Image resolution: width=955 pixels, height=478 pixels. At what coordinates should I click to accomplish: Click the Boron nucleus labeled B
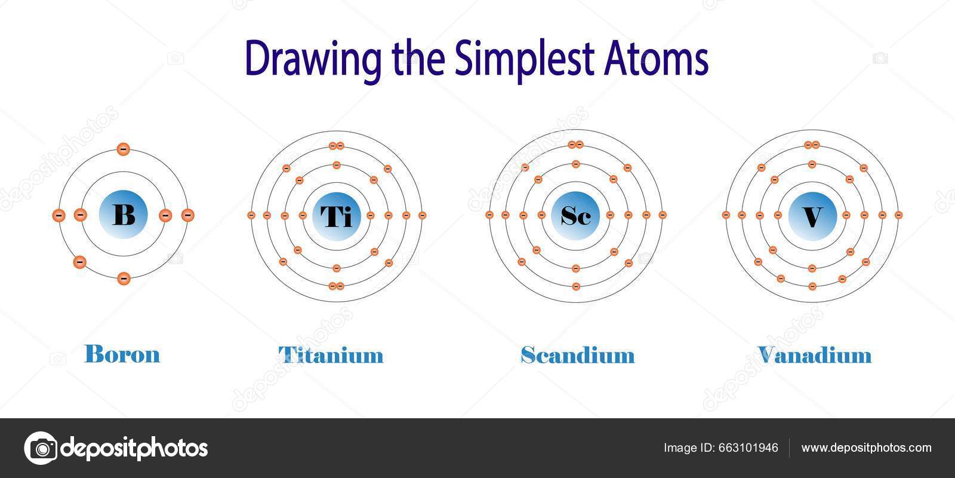124,215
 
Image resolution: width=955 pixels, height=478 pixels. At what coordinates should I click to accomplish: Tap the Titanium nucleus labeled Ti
336,215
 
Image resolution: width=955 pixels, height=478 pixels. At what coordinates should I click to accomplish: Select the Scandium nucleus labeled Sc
575,215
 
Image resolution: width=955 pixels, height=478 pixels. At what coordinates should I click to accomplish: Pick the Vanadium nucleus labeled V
812,215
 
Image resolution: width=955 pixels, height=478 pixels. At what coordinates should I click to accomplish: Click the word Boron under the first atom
122,354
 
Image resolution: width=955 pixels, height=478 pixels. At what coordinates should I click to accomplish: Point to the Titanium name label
331,355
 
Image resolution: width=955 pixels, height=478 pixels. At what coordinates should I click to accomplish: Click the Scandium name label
577,355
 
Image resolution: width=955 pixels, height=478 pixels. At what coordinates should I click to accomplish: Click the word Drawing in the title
313,60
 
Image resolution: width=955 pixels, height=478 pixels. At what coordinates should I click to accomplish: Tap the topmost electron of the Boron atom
124,149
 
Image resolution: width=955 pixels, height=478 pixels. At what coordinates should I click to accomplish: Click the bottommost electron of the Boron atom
124,278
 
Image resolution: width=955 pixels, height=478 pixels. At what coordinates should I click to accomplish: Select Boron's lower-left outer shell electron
79,262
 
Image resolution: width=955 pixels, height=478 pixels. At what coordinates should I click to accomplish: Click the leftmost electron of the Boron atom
58,215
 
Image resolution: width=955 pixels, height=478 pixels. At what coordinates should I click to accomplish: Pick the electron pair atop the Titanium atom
337,145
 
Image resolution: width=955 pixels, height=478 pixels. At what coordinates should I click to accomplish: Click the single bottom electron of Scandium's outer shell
576,286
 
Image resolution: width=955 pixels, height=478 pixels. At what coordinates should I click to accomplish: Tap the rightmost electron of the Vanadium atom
898,215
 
